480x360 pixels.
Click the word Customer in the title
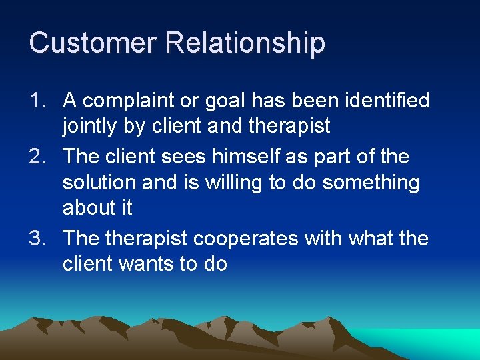point(93,43)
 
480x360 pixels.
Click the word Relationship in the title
point(245,43)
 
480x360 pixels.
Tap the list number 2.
point(37,157)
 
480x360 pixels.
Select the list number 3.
point(37,239)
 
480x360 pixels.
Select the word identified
point(387,101)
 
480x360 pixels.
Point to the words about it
point(97,208)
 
